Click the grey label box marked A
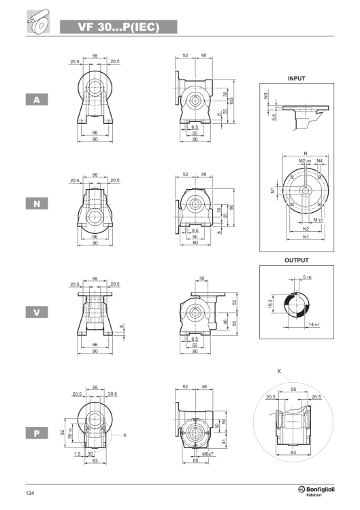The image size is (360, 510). click(x=37, y=99)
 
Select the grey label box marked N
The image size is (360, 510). click(x=37, y=203)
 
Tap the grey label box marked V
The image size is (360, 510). click(x=37, y=312)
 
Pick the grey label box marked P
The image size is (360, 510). click(x=37, y=433)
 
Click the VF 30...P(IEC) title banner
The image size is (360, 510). click(x=118, y=27)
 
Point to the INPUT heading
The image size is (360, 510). click(x=297, y=78)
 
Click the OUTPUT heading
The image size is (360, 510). click(x=296, y=260)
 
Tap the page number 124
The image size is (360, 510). click(x=30, y=493)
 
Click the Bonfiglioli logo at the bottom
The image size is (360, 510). click(x=316, y=491)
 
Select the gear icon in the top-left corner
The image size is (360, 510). click(x=38, y=22)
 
